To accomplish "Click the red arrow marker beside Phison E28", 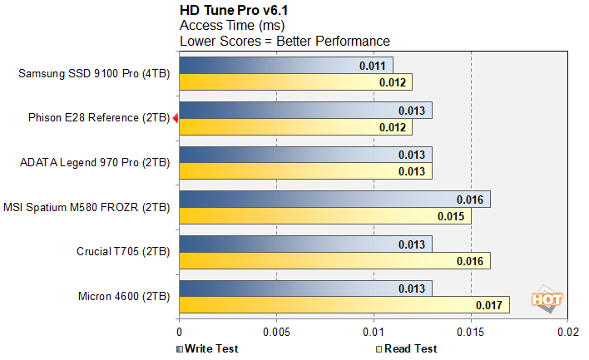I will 175,119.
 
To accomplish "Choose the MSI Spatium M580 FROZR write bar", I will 334,200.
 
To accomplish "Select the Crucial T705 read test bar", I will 334,261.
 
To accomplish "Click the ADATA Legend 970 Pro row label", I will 94,163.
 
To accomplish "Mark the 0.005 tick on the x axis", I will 276,331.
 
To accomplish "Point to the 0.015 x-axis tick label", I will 471,331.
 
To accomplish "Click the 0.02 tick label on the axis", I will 568,331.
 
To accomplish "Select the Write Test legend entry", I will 210,348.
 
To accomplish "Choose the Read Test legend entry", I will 407,348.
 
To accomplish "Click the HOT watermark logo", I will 548,299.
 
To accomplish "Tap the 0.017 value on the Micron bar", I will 489,306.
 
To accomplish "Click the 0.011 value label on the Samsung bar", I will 373,65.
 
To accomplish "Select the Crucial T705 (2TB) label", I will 122,253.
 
